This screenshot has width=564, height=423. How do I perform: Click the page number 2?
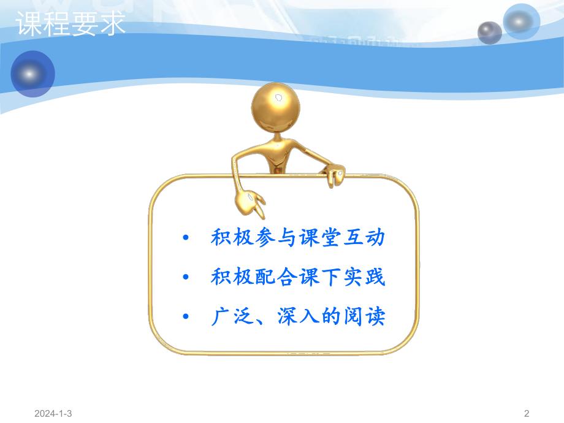click(527, 414)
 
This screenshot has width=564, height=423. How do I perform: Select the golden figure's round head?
click(276, 107)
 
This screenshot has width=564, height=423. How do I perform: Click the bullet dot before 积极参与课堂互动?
click(186, 238)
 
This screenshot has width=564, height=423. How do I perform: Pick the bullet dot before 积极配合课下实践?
click(186, 278)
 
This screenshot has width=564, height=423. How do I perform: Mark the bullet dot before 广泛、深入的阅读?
click(186, 318)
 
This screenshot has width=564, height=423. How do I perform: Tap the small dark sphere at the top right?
click(489, 32)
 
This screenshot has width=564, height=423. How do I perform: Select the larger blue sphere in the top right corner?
click(520, 21)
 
